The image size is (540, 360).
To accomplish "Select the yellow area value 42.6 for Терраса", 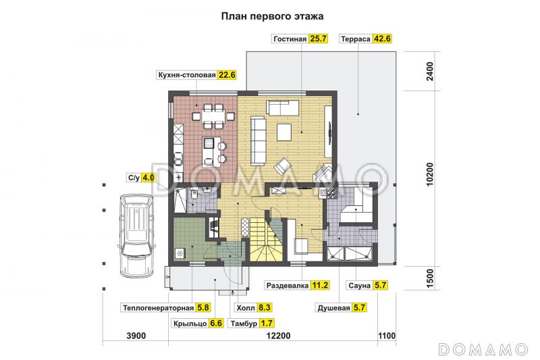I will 383,38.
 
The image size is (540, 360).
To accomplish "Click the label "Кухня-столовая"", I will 186,75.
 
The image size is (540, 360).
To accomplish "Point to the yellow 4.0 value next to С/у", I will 148,178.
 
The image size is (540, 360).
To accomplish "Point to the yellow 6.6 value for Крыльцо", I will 216,324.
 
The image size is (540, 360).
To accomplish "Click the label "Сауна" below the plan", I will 358,286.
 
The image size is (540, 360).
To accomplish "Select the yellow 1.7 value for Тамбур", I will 267,324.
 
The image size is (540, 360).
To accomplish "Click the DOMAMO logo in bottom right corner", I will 482,349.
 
